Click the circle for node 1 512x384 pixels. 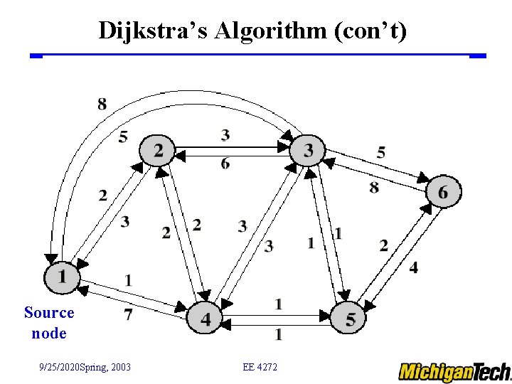[63, 276]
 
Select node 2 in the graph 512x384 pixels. [157, 150]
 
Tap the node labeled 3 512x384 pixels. [308, 150]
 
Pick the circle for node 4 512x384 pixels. [205, 319]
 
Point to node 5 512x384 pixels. [350, 318]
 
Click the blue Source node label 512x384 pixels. [49, 322]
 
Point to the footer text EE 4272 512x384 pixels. [260, 367]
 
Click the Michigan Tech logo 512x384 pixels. [454, 371]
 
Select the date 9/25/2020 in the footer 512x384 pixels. [62, 367]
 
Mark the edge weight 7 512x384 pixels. [128, 313]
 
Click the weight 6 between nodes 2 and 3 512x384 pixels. [225, 164]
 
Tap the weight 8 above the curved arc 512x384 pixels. [102, 105]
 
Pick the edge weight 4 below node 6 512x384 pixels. [414, 267]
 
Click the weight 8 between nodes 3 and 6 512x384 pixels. [374, 187]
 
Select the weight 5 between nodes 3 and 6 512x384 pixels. [381, 151]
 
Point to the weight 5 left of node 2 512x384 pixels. [123, 136]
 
